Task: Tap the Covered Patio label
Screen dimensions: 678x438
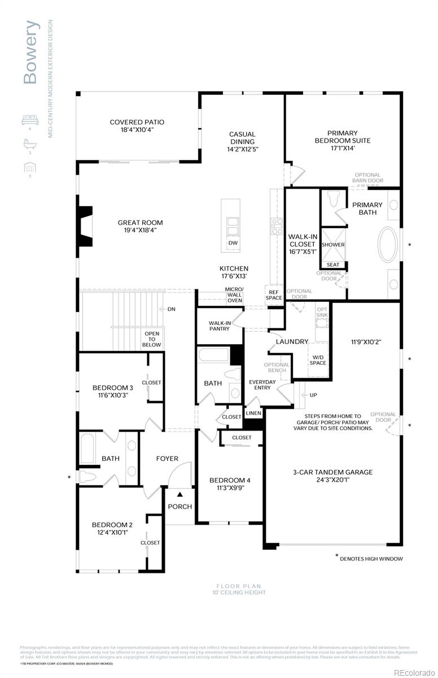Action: (137, 125)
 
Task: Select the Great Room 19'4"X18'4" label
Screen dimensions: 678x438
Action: (137, 226)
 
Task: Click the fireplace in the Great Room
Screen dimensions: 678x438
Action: (85, 226)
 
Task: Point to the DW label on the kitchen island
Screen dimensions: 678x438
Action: (233, 243)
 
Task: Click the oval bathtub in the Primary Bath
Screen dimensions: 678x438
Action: (388, 245)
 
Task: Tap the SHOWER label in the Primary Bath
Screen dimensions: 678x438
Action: (333, 245)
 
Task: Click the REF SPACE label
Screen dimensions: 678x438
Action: (274, 295)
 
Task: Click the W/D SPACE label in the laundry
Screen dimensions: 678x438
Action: (318, 359)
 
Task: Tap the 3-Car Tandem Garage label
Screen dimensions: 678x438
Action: (332, 476)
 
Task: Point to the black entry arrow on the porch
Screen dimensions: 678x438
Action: (180, 494)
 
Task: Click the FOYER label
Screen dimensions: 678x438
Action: (167, 459)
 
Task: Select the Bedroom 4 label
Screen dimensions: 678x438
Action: (229, 484)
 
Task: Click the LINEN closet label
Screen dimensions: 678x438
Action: (254, 414)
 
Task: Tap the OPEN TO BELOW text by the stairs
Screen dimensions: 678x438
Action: (151, 339)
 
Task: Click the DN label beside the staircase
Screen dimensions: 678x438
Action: (171, 309)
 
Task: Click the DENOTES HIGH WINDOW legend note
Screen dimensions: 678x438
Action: (371, 559)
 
